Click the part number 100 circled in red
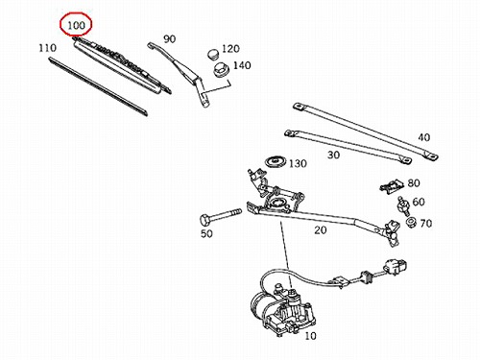tap(76, 25)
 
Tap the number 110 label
tap(47, 48)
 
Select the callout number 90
tap(170, 38)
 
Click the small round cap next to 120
tap(212, 54)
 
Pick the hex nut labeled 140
tap(221, 70)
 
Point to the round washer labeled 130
tap(276, 161)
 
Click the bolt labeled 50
tap(220, 216)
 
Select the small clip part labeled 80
tap(393, 186)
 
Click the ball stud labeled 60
tap(403, 205)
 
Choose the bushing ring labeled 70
tap(411, 222)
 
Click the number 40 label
tap(424, 137)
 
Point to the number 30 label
tap(333, 155)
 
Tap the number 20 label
tap(321, 229)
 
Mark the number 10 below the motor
tap(310, 336)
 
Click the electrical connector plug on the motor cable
tap(396, 267)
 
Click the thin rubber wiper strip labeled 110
tap(98, 86)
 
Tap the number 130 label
tap(298, 163)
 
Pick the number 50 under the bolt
tap(206, 233)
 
